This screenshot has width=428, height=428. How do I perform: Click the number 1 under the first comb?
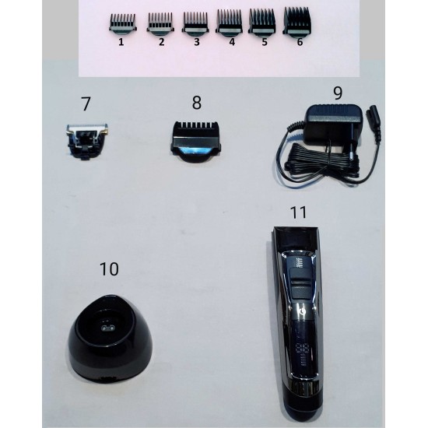pos(121,42)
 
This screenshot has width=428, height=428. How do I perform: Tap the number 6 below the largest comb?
pos(300,42)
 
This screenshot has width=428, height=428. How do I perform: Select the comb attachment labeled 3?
pos(195,23)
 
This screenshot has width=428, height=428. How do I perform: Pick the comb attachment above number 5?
pos(261,22)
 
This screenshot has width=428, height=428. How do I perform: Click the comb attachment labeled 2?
pos(160,24)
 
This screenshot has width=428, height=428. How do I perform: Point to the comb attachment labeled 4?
pos(229,23)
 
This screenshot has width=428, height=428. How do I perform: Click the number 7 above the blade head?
pos(86,103)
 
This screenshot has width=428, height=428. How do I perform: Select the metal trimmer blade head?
pos(86,142)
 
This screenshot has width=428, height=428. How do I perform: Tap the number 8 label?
pos(197,103)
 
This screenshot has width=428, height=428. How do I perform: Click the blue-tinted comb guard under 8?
pos(196,142)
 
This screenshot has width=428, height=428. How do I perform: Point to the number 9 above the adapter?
pos(338,93)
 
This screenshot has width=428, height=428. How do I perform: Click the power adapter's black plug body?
pos(333,125)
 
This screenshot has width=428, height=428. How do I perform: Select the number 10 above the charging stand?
pos(109,269)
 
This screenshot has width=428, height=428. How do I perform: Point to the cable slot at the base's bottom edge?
pos(109,379)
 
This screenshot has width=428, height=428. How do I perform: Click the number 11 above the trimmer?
pos(298,212)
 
